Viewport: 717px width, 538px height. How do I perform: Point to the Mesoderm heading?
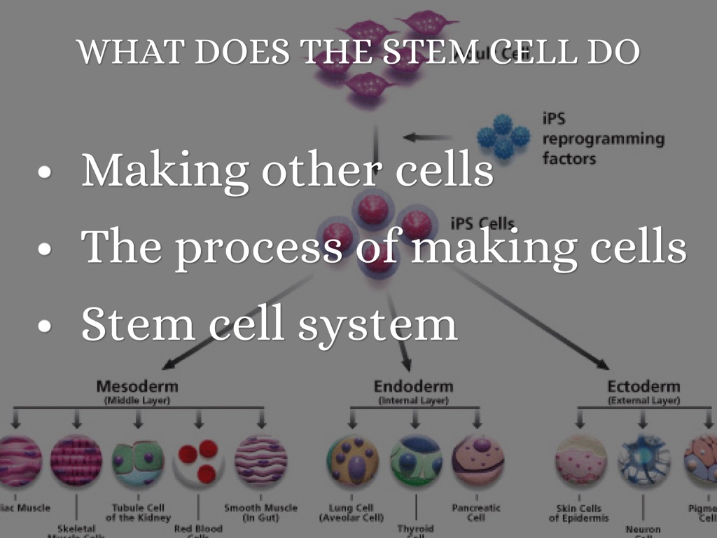137,386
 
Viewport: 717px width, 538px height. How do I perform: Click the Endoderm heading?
413,386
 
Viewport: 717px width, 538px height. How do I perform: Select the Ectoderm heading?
643,386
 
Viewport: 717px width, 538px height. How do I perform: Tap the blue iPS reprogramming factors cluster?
503,136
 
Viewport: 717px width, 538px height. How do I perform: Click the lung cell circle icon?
352,460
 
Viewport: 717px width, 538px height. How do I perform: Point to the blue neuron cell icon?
643,461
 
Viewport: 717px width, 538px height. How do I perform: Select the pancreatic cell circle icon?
478,460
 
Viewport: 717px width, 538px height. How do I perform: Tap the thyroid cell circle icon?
415,460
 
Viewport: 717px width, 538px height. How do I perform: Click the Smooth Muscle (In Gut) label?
260,512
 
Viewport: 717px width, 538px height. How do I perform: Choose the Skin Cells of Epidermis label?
579,513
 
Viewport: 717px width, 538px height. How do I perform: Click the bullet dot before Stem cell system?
46,326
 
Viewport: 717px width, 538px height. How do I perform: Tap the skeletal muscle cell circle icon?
76,461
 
